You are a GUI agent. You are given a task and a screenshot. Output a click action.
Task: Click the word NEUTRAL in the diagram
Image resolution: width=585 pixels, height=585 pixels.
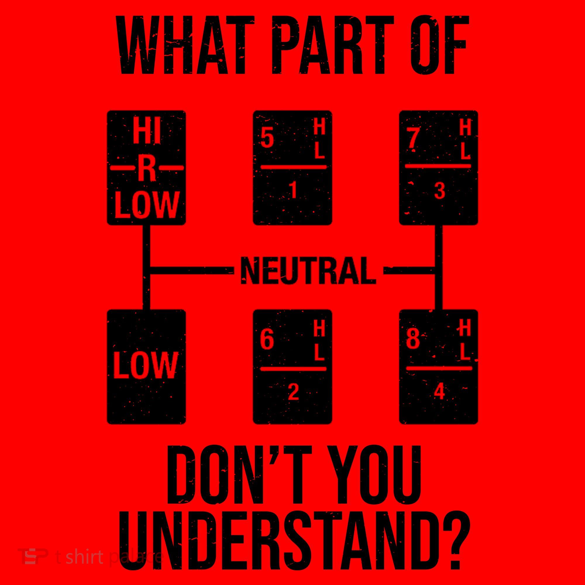pos(308,270)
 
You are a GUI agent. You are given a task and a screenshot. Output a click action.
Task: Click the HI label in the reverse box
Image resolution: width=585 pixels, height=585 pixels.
pos(147,134)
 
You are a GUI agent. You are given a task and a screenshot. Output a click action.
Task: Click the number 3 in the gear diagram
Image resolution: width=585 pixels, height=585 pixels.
pos(439,191)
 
